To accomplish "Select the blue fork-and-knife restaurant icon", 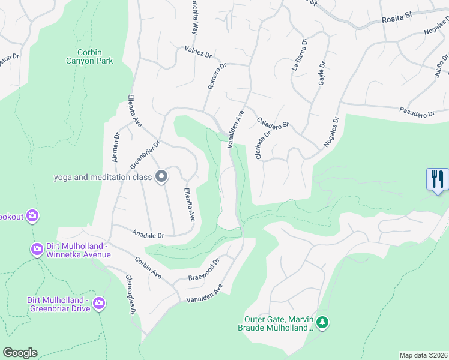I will click(438, 179).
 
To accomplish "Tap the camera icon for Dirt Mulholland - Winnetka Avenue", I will click(37, 249).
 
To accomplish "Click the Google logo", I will click(20, 353).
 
